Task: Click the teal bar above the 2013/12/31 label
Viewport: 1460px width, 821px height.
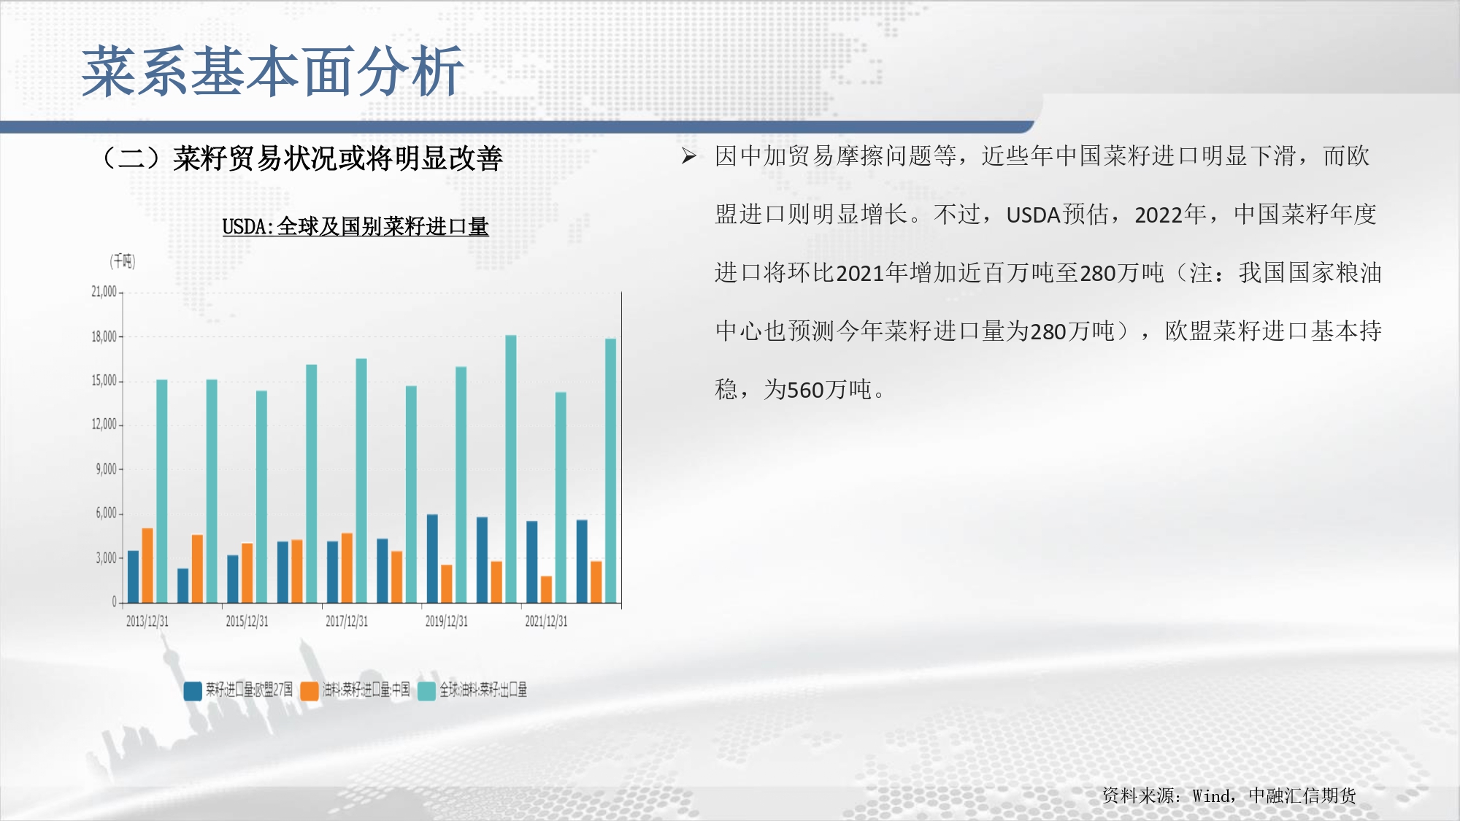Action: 162,491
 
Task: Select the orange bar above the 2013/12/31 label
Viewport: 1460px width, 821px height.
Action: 147,566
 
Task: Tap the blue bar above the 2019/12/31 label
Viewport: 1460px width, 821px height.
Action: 432,558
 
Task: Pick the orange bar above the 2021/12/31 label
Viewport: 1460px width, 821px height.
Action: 546,590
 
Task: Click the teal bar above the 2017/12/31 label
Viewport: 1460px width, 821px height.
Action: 361,480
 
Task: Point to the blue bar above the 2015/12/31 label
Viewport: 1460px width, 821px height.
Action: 233,579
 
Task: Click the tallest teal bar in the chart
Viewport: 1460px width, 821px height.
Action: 511,469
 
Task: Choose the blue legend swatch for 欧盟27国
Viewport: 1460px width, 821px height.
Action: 193,691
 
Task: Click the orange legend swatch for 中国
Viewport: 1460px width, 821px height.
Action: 310,691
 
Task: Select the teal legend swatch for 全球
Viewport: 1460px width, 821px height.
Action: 426,691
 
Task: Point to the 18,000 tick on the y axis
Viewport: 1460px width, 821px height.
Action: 104,336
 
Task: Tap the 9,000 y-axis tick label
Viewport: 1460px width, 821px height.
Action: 106,469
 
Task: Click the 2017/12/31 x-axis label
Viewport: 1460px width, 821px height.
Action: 347,621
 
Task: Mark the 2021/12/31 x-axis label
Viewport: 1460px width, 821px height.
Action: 546,621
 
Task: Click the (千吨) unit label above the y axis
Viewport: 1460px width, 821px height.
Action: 123,261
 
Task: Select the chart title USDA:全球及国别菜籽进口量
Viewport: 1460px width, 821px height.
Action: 356,227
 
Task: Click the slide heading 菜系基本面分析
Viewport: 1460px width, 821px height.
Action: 273,72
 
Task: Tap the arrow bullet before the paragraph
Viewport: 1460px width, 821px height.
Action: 688,156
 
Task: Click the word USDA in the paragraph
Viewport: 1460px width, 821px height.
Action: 1033,215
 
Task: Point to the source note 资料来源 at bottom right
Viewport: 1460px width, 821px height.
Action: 1229,795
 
